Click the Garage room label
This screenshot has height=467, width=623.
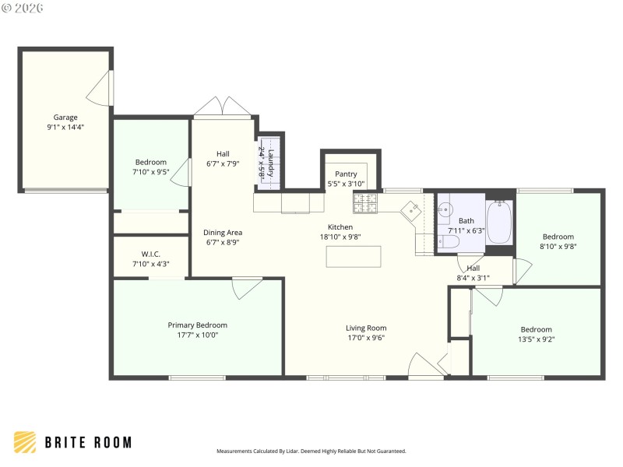pos(65,118)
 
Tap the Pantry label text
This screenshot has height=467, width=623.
pos(346,174)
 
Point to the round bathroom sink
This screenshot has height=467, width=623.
pos(445,209)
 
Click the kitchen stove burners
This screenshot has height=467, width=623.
pos(364,204)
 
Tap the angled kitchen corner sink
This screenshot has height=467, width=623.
pos(410,210)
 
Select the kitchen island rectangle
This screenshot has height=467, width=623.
pos(354,256)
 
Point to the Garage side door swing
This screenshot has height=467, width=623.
pos(100,89)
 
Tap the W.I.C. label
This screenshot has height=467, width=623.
pos(150,253)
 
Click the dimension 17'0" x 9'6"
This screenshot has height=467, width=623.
pos(366,338)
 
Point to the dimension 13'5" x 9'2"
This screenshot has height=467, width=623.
pos(536,339)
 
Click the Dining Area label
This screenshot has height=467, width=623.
pos(223,232)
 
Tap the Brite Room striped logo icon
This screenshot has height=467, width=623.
pos(25,442)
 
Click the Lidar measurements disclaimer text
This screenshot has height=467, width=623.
pos(311,451)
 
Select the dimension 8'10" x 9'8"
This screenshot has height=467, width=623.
pos(558,247)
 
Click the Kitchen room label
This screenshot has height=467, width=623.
pos(340,227)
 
